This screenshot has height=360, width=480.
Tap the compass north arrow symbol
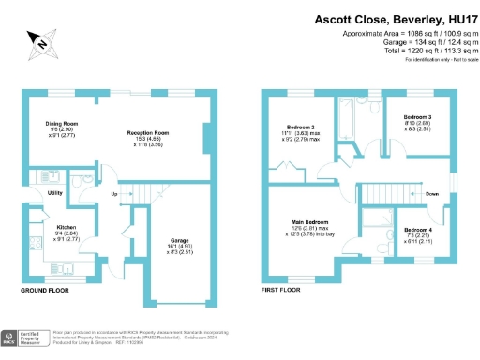pos(40,40)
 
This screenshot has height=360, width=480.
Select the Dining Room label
pos(65,124)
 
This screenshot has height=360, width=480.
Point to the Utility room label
pos(54,192)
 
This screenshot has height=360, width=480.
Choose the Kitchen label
pos(66,227)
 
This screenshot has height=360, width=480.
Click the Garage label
pos(178,240)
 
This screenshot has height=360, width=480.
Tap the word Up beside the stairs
pos(114,194)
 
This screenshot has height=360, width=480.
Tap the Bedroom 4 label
pos(418,230)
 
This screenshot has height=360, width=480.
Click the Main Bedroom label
pos(309,222)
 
